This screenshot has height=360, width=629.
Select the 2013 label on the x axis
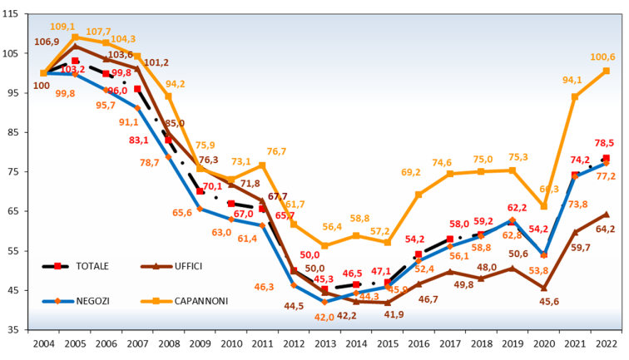[325, 341]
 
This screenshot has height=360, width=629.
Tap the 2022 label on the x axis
[607, 341]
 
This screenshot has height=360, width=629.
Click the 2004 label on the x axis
[44, 341]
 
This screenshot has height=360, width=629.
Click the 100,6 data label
[603, 57]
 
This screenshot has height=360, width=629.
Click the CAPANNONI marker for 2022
[607, 71]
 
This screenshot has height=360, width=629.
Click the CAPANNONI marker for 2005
[75, 37]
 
